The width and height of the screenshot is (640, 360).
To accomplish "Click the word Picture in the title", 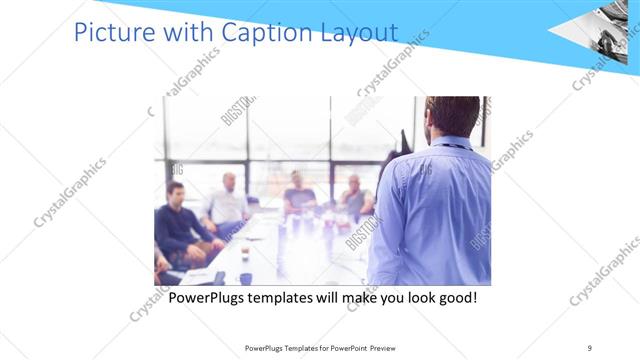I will pyautogui.click(x=111, y=33).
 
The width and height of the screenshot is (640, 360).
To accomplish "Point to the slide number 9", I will pyautogui.click(x=589, y=347).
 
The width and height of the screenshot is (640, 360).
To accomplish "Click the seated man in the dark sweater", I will pyautogui.click(x=179, y=225).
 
